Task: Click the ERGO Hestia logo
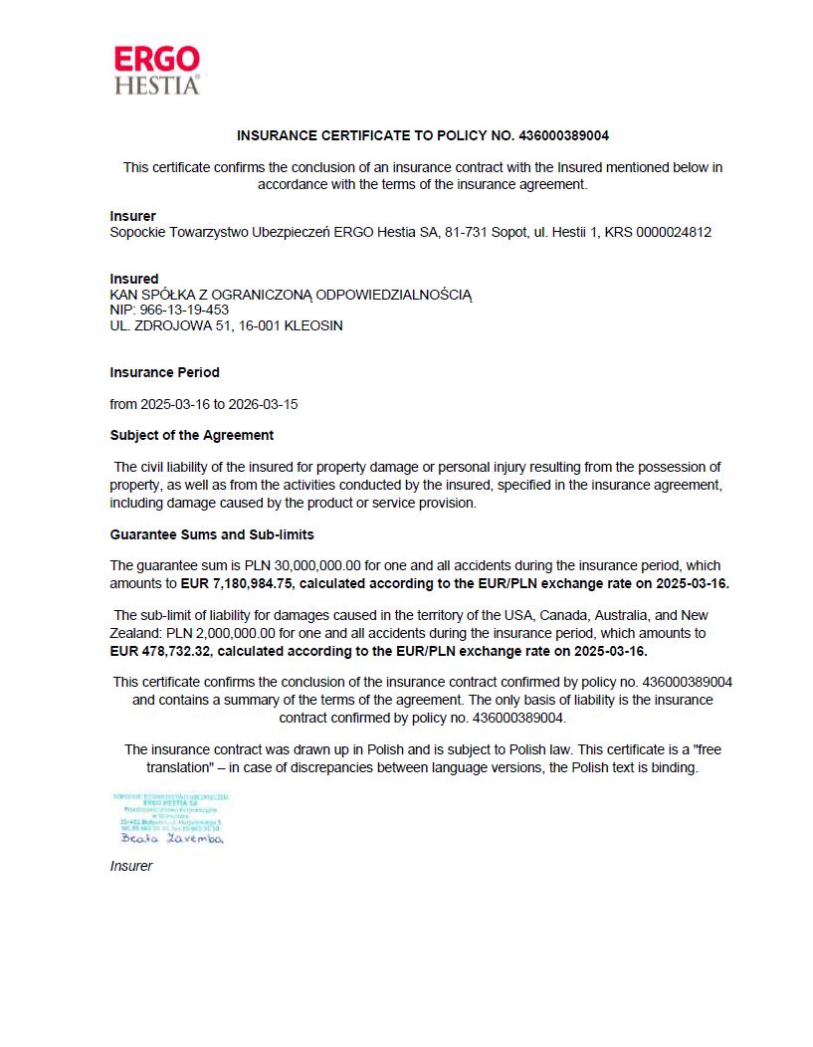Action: point(157,70)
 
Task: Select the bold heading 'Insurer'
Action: point(132,216)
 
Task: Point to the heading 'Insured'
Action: point(134,279)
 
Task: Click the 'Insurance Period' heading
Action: point(164,372)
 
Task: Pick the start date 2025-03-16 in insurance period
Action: point(176,404)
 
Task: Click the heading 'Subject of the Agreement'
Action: point(191,435)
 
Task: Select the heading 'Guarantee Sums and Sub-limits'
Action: point(212,534)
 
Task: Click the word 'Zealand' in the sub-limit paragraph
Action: point(132,633)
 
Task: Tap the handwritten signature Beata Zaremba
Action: point(166,839)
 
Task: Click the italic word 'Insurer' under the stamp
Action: point(131,866)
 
